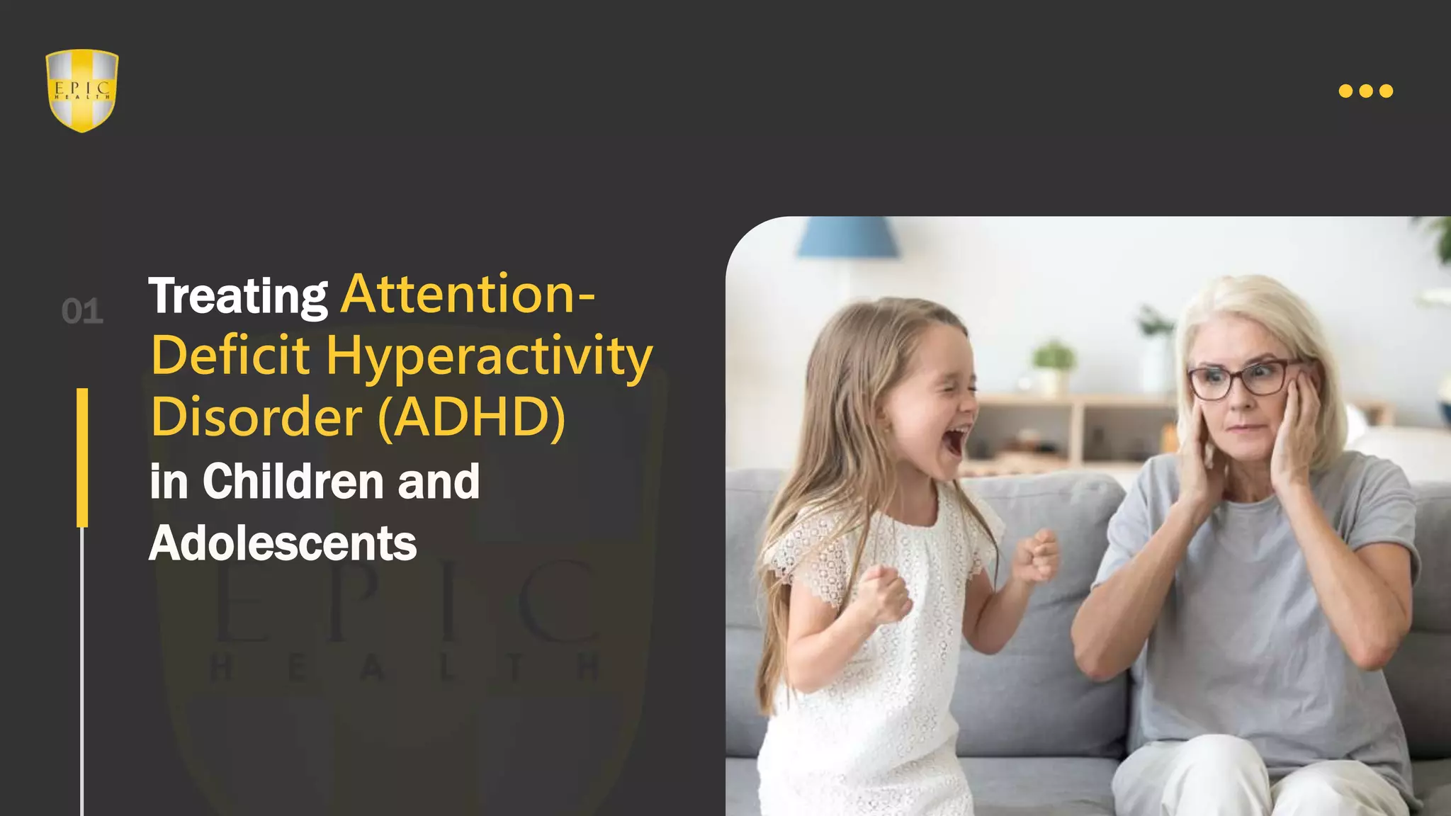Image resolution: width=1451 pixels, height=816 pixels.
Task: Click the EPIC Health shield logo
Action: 82,90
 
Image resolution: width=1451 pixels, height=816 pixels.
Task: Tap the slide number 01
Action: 82,312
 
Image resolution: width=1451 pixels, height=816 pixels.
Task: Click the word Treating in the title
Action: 238,296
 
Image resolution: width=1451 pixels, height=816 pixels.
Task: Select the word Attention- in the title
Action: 468,293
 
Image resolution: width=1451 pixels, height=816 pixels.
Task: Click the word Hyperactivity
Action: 489,356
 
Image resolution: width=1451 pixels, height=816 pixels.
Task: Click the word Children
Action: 293,481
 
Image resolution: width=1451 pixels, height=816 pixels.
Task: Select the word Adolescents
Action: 283,543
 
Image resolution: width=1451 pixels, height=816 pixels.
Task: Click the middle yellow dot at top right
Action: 1366,91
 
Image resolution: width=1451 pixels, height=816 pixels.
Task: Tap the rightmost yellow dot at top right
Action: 1387,91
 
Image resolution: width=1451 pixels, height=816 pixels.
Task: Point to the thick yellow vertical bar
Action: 82,458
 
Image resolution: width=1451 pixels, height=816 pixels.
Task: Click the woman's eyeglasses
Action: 1243,378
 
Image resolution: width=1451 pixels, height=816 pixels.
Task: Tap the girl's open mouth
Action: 954,440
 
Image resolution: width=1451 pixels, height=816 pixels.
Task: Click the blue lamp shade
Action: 847,237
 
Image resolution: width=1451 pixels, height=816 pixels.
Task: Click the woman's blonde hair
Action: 1254,305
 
